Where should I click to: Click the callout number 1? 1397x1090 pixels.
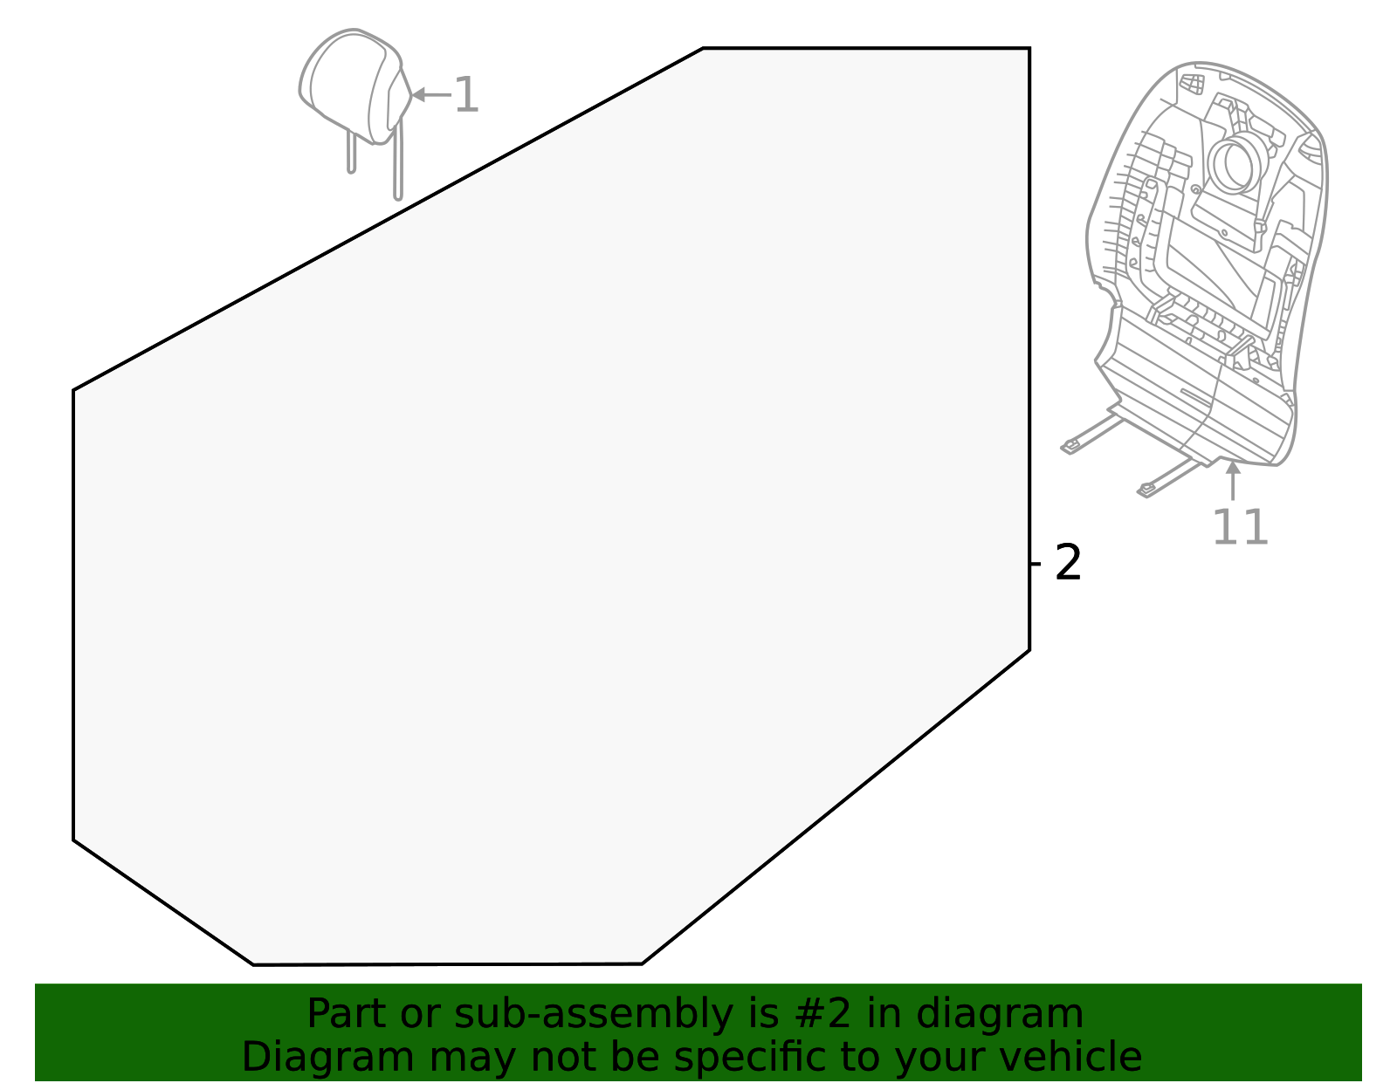pos(468,95)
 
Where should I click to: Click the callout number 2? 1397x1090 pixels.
pos(1068,563)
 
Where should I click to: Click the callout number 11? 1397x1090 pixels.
pos(1240,527)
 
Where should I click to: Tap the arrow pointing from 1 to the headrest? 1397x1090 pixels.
pos(430,94)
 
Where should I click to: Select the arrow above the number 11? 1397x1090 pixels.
pos(1232,480)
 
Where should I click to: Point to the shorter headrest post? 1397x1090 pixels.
pos(351,153)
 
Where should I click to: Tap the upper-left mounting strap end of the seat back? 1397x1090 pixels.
pos(1070,448)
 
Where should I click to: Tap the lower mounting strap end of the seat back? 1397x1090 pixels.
pos(1146,491)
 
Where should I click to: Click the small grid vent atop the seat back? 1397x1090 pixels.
pos(1192,84)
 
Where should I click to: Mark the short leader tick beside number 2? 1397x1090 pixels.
pos(1036,564)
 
